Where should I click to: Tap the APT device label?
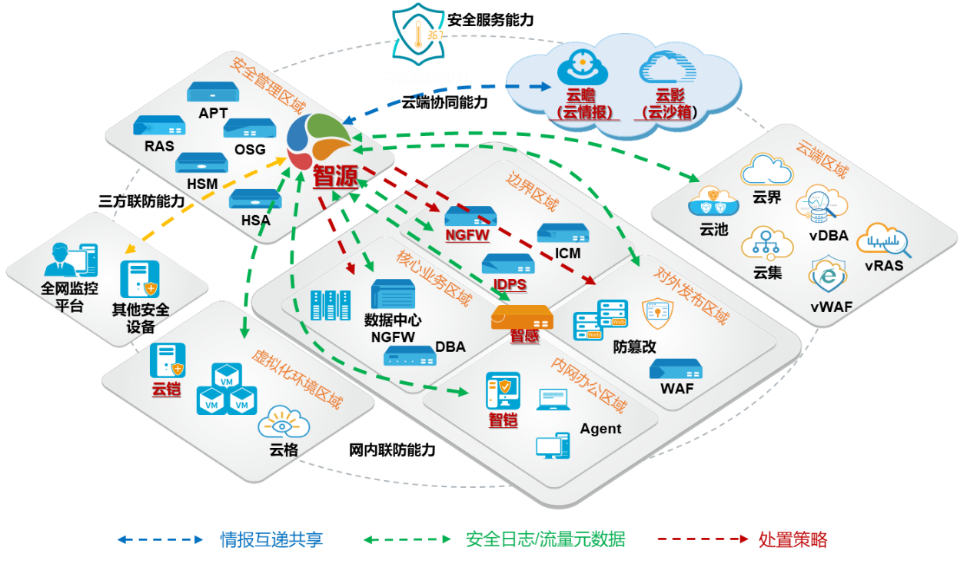(x=213, y=113)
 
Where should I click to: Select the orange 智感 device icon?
(x=522, y=317)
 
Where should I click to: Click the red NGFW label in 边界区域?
(x=467, y=235)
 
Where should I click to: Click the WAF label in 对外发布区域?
(x=676, y=388)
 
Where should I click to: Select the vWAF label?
(x=831, y=307)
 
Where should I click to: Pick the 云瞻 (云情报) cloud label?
(x=585, y=104)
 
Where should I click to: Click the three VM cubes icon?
(x=226, y=389)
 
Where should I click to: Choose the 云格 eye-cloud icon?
(x=284, y=423)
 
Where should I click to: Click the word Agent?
(x=600, y=429)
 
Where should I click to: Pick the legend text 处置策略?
(x=793, y=539)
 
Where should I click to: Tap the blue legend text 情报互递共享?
(x=271, y=539)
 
